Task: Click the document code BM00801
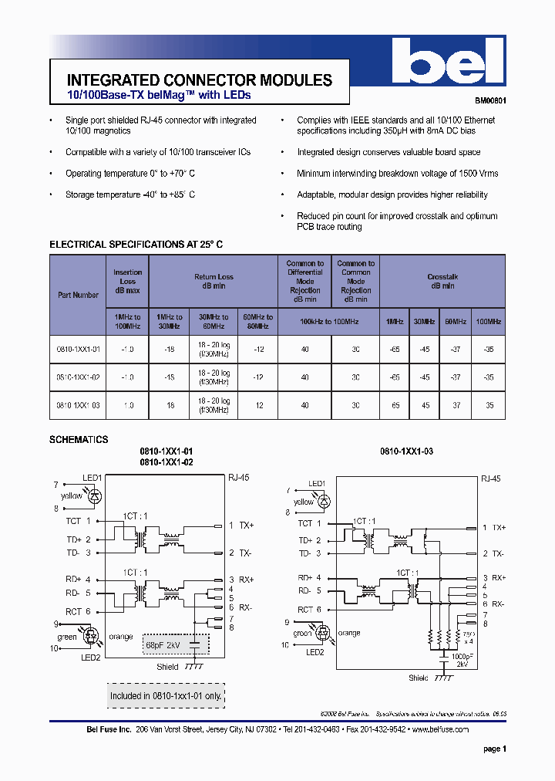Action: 489,101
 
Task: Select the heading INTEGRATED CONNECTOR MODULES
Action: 200,80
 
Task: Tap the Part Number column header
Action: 78,295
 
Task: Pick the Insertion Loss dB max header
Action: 127,282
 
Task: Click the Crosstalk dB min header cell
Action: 442,281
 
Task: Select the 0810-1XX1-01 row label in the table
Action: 78,349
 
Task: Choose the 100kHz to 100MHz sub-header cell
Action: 329,320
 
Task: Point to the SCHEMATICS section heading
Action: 79,439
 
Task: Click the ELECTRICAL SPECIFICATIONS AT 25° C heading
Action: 136,245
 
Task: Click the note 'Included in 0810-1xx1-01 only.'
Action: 166,695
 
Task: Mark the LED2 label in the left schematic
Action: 90,657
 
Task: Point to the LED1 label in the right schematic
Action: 317,483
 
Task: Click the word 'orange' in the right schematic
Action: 349,633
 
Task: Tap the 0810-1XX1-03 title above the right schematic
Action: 406,451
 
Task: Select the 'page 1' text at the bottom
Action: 494,749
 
